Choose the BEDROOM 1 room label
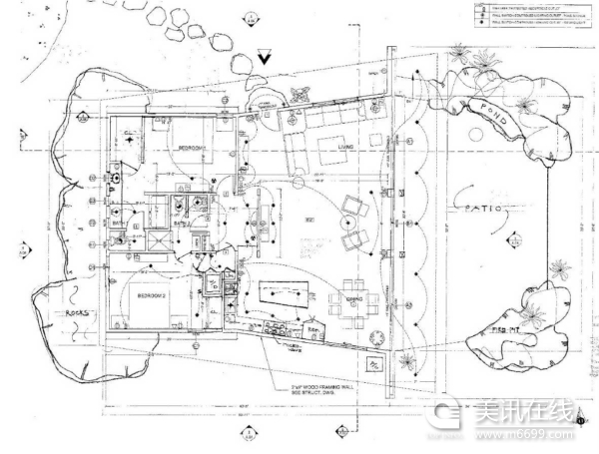190,149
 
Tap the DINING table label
352,296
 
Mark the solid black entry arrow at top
264,59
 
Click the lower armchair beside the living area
355,239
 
